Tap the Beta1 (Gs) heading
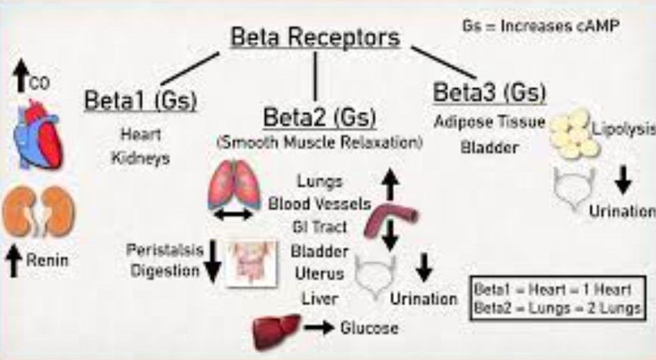point(140,101)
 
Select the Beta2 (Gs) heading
point(320,118)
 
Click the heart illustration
point(39,136)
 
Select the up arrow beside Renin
point(14,261)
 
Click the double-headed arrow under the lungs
point(233,215)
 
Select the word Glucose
point(369,329)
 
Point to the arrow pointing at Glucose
point(319,329)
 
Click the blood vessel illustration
point(389,220)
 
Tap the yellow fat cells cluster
point(573,135)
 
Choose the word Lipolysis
point(623,127)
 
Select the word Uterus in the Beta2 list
point(319,274)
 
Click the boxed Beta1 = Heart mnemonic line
point(553,289)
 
